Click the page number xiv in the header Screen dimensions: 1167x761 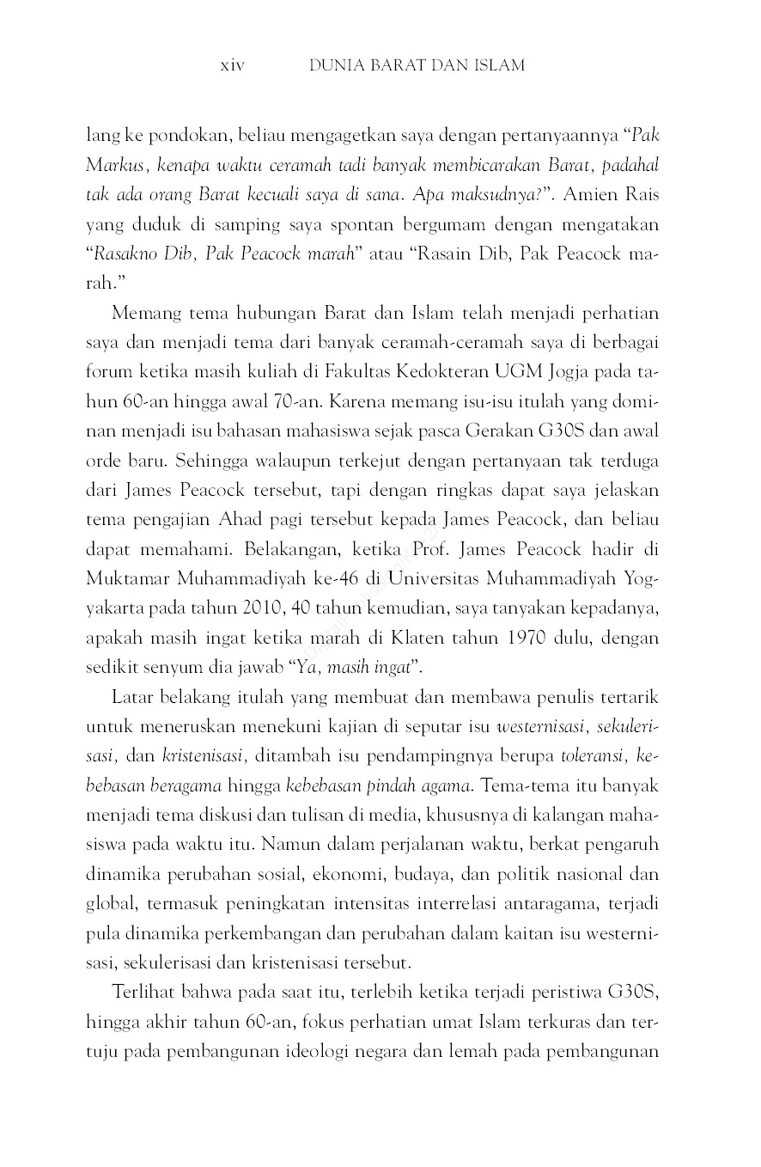pyautogui.click(x=233, y=65)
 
